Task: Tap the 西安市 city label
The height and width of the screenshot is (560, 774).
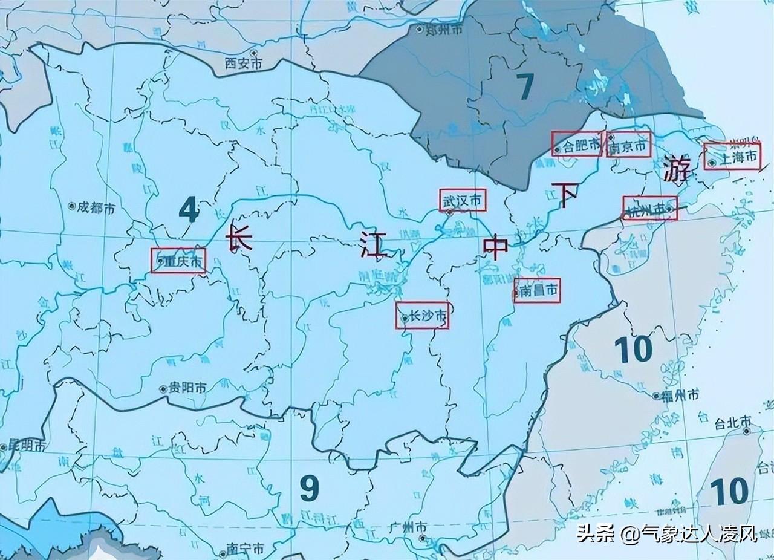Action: click(x=243, y=63)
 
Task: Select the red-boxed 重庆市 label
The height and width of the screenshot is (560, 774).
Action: click(x=178, y=261)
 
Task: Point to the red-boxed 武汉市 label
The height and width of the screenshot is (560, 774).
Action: click(x=463, y=200)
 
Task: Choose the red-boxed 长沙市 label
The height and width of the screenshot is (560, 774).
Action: click(x=423, y=316)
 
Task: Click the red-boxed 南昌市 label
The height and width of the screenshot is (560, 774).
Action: click(x=537, y=291)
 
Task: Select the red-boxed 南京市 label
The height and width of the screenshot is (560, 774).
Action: click(x=628, y=145)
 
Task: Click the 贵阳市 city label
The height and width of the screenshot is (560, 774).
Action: click(x=186, y=389)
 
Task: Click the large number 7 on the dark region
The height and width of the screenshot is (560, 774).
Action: click(x=525, y=87)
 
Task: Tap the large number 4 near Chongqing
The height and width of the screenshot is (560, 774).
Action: click(x=189, y=211)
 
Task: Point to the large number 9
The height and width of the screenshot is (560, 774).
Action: click(x=309, y=488)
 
